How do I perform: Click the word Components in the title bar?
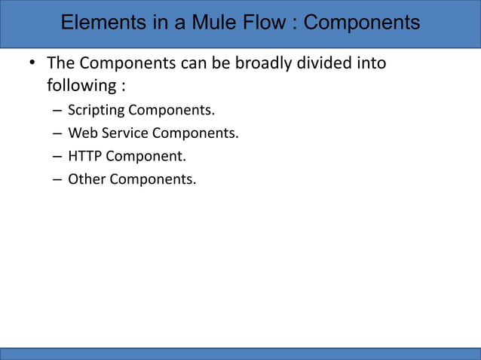click(x=362, y=23)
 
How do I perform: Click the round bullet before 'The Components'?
click(x=32, y=63)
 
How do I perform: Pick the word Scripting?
click(x=96, y=111)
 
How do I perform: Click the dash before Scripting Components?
click(x=57, y=111)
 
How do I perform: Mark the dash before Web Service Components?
click(x=57, y=134)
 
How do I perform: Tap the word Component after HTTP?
click(x=146, y=157)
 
